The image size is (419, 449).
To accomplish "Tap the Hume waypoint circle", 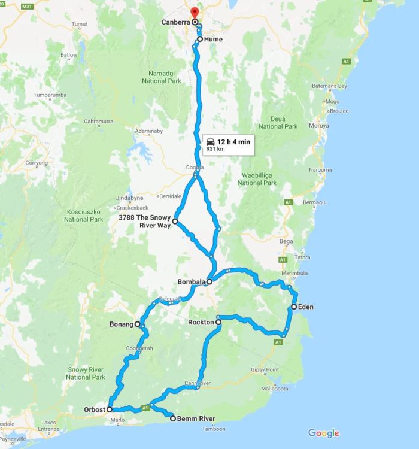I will click(200, 40).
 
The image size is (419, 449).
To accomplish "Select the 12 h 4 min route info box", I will click(228, 144).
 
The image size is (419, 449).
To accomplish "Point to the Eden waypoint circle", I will click(293, 307).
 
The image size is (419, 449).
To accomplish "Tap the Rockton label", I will click(201, 323).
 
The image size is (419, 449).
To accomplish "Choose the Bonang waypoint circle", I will click(138, 324).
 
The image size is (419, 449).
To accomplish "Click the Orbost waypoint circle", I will click(110, 410).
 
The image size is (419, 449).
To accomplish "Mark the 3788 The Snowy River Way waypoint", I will click(175, 222).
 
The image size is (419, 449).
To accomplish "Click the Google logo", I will click(324, 433).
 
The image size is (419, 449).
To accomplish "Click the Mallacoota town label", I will click(275, 387).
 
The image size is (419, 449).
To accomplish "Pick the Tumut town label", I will click(80, 25).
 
